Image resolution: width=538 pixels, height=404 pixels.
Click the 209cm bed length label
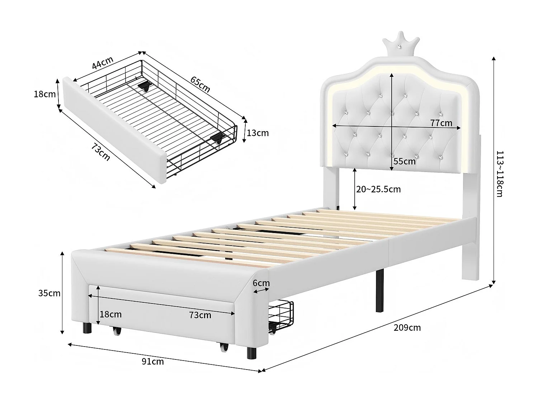(407, 328)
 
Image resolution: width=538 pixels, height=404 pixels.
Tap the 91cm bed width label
(153, 361)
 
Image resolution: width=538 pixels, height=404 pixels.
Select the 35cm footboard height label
(49, 293)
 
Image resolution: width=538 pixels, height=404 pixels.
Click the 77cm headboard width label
(441, 123)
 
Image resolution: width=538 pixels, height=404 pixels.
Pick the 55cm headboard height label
(404, 161)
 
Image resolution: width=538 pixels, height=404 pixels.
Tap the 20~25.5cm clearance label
(378, 189)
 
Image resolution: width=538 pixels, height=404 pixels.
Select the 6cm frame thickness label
(261, 283)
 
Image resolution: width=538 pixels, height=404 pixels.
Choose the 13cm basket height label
(258, 133)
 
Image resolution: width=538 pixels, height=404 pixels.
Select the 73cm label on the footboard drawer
(200, 315)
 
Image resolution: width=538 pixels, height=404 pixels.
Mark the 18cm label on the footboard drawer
(110, 315)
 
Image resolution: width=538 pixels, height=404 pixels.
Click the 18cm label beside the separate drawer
(44, 94)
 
